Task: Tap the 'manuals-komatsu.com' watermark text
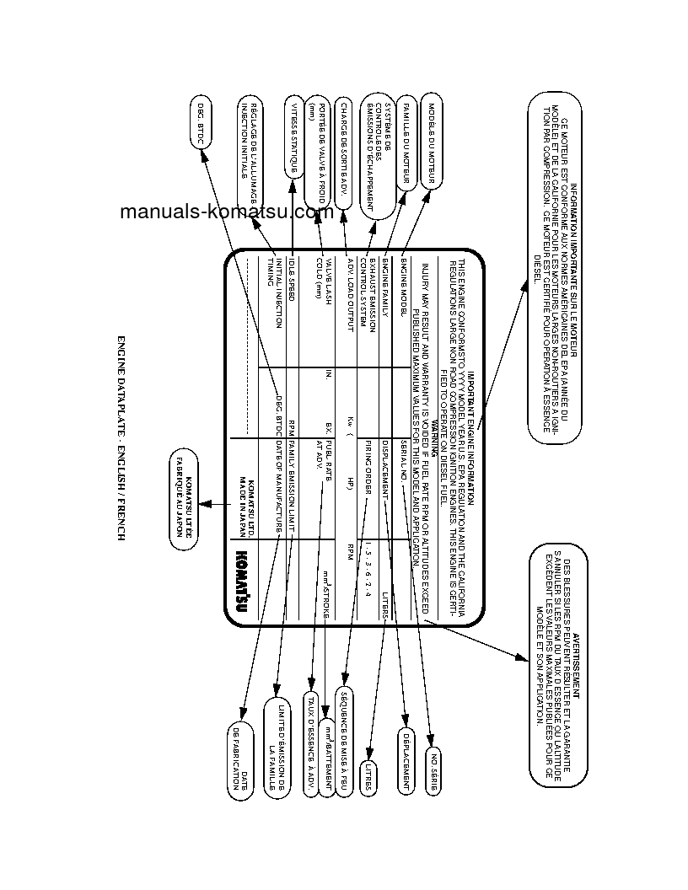point(226,212)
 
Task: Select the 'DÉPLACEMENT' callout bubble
point(406,759)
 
